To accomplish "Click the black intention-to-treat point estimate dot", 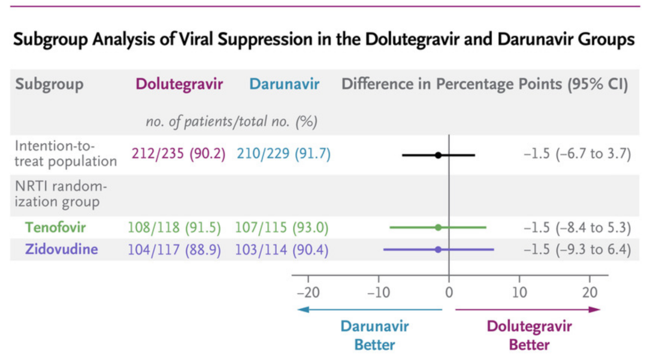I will (x=438, y=155).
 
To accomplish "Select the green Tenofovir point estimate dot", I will (x=438, y=228).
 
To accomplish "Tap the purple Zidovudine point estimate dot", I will (x=438, y=249).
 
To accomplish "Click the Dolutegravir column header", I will (x=179, y=84).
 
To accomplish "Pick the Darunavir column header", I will (x=284, y=84).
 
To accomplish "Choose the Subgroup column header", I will (x=49, y=84).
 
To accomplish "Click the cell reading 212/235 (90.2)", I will (x=179, y=154).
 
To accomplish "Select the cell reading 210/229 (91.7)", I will (x=283, y=154).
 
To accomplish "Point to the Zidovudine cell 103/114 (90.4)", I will (x=282, y=249).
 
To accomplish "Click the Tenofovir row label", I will (x=55, y=228).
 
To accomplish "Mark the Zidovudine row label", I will (x=61, y=249).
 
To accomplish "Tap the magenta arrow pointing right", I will (x=528, y=309).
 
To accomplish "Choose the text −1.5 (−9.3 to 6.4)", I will (x=578, y=249).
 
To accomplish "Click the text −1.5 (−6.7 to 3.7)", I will (x=578, y=154).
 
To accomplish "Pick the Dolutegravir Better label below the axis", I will (x=529, y=335).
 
